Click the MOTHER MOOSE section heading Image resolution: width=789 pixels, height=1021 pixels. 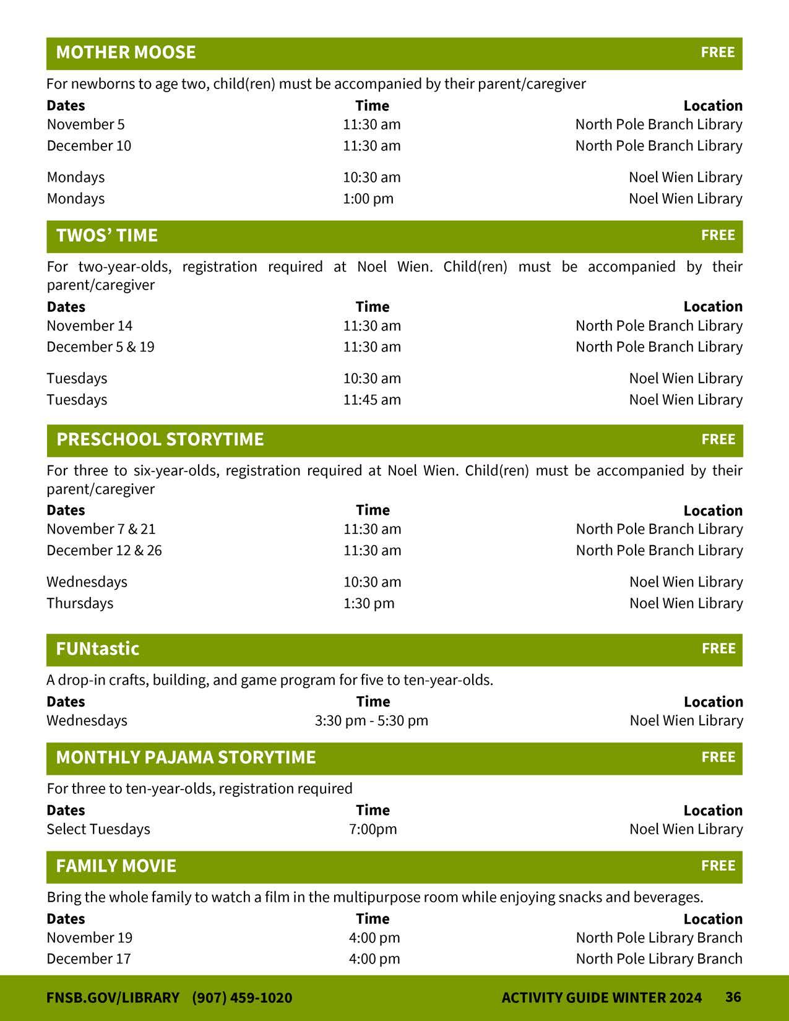click(126, 53)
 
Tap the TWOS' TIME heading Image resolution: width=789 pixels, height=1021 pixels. click(107, 236)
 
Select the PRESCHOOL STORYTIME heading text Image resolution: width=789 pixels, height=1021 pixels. click(160, 439)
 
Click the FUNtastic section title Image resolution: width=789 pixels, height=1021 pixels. click(98, 649)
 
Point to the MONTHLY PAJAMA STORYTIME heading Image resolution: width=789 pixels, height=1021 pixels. click(186, 757)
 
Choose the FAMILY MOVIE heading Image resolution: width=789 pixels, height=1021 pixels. click(116, 866)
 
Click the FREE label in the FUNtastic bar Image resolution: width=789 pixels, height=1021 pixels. click(718, 648)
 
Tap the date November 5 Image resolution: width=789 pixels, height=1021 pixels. click(85, 124)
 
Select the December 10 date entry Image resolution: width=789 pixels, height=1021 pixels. click(89, 146)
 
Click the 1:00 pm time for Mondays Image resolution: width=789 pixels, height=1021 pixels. click(368, 199)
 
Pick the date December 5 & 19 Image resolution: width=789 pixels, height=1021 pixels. click(100, 347)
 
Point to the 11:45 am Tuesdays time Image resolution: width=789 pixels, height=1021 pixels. click(372, 400)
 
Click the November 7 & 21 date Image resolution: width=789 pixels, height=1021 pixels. click(101, 529)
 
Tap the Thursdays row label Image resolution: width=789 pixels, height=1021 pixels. click(80, 603)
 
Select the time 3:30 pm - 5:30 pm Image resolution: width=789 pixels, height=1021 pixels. click(371, 721)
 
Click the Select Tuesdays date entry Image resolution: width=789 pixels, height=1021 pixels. click(98, 829)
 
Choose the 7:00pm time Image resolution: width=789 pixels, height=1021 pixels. click(373, 829)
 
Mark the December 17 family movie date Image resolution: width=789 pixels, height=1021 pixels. click(89, 959)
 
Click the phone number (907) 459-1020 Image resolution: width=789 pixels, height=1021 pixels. click(242, 997)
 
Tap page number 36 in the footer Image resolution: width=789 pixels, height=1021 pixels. click(733, 997)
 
